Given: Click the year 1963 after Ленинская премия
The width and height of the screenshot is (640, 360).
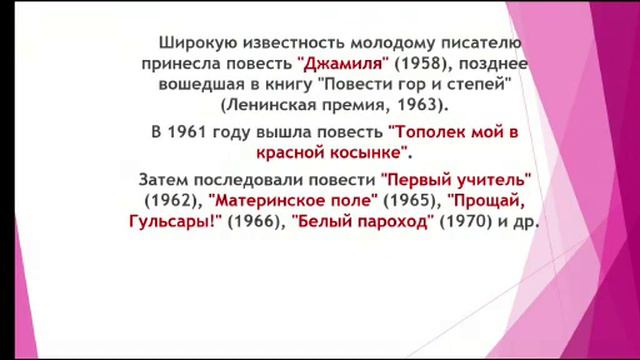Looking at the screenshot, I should (421, 103).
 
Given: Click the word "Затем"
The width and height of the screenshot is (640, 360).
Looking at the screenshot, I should (163, 180).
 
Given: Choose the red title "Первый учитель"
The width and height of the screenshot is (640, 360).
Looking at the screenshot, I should (456, 180).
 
